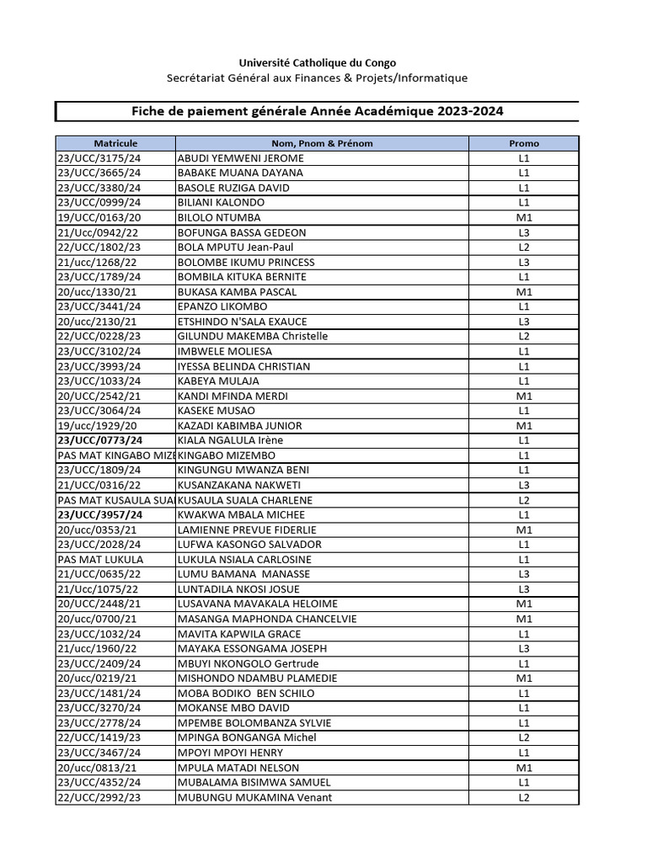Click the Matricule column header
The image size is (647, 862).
point(115,143)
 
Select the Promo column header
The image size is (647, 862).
point(524,143)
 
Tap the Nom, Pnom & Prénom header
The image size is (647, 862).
point(322,143)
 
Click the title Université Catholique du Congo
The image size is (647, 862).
point(317,63)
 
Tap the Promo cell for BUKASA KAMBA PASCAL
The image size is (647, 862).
point(524,292)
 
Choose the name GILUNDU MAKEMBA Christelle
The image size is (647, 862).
point(253,337)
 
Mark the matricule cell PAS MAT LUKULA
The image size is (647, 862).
point(100,559)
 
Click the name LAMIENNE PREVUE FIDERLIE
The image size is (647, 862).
point(247,529)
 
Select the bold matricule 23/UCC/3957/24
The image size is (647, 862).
point(99,514)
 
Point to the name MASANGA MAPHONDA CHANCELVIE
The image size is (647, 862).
point(267,619)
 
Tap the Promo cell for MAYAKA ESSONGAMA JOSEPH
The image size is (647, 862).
point(524,648)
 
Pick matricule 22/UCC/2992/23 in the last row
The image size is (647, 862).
point(99,797)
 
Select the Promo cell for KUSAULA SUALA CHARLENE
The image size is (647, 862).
point(524,500)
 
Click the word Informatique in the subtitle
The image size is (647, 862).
point(430,78)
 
